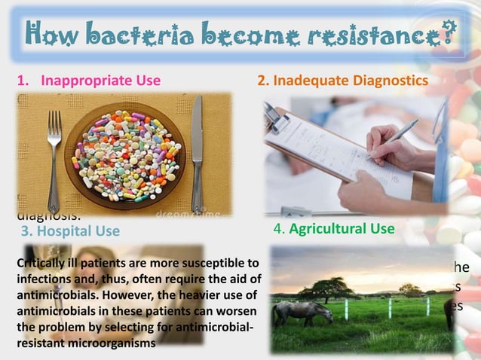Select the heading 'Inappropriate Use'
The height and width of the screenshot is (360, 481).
(x=100, y=81)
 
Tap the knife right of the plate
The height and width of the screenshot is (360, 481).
(x=198, y=151)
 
